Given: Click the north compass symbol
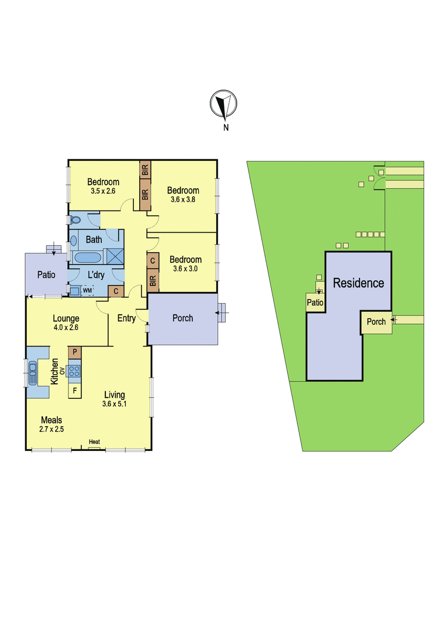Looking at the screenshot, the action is [223, 104].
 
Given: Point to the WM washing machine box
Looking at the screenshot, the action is [88, 290].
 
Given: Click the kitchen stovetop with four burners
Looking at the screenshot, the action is [74, 371].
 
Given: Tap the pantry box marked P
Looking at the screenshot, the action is [75, 352].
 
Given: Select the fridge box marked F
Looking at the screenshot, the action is [75, 391].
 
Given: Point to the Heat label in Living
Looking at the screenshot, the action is [94, 442].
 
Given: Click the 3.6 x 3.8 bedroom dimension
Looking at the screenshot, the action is [183, 199].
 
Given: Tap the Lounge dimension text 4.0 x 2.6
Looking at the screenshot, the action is [66, 328].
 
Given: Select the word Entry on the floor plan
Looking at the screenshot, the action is [127, 319].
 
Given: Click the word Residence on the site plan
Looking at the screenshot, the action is [358, 283].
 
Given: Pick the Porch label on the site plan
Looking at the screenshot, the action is [376, 322].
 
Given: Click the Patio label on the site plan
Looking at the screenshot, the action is [315, 302].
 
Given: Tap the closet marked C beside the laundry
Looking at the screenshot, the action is [116, 291].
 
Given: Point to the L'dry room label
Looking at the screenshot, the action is [96, 275].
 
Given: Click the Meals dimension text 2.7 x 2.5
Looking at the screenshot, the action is [51, 429].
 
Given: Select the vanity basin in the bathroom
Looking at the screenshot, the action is [73, 241].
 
